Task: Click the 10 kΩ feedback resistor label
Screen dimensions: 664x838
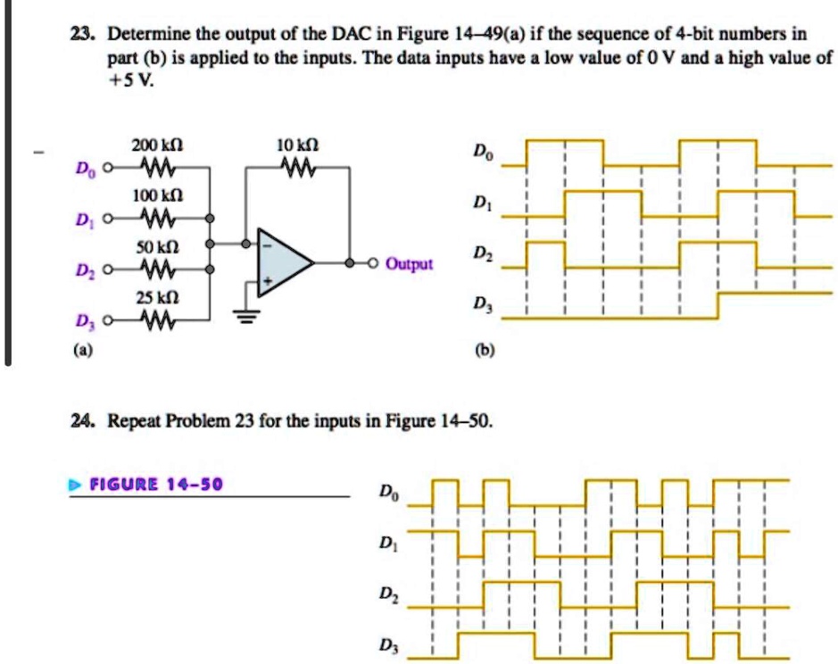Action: tap(299, 145)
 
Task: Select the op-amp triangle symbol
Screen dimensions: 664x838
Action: tap(283, 263)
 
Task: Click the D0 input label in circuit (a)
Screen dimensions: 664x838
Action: tap(82, 169)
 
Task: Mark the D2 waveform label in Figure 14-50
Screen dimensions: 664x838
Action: tap(386, 593)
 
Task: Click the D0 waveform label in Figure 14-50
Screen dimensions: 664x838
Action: tap(386, 491)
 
